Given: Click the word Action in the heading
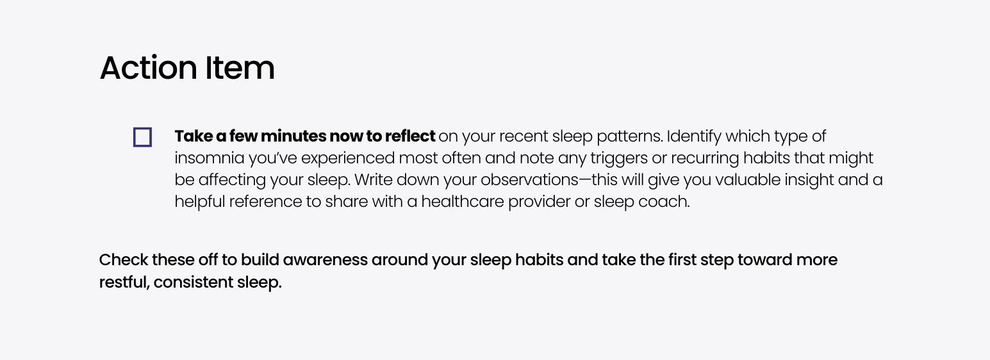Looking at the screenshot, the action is (148, 68).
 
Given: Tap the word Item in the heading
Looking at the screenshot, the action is (240, 68).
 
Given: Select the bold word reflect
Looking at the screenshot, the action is (410, 136).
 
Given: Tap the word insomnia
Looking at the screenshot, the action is (210, 158).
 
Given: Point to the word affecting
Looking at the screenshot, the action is (232, 181).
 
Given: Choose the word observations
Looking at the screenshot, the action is (529, 180).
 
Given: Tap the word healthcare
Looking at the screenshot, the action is (462, 201).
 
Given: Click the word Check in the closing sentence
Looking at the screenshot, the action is (124, 259).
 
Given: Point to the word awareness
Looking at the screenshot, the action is (326, 259).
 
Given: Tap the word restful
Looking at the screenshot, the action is (124, 282).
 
